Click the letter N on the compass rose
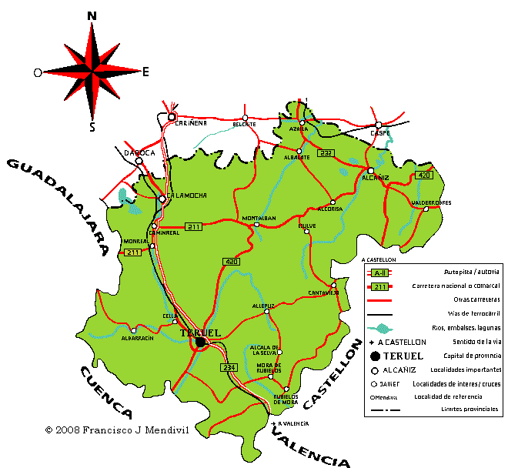92,15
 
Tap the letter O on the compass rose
37,72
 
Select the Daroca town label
139,152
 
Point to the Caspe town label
380,132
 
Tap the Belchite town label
244,124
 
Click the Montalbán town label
259,218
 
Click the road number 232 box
326,152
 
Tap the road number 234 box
229,368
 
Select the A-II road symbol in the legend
379,273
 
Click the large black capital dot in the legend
375,356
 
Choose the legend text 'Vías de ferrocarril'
469,314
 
